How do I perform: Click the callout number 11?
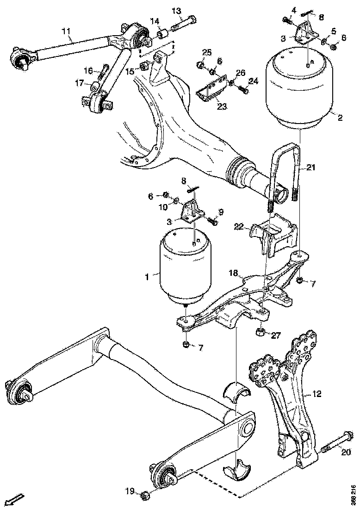pos(66,31)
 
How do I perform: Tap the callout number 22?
pos(239,226)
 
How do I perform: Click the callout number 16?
pos(88,70)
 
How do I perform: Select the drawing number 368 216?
pos(353,494)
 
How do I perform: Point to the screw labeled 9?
pos(213,222)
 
